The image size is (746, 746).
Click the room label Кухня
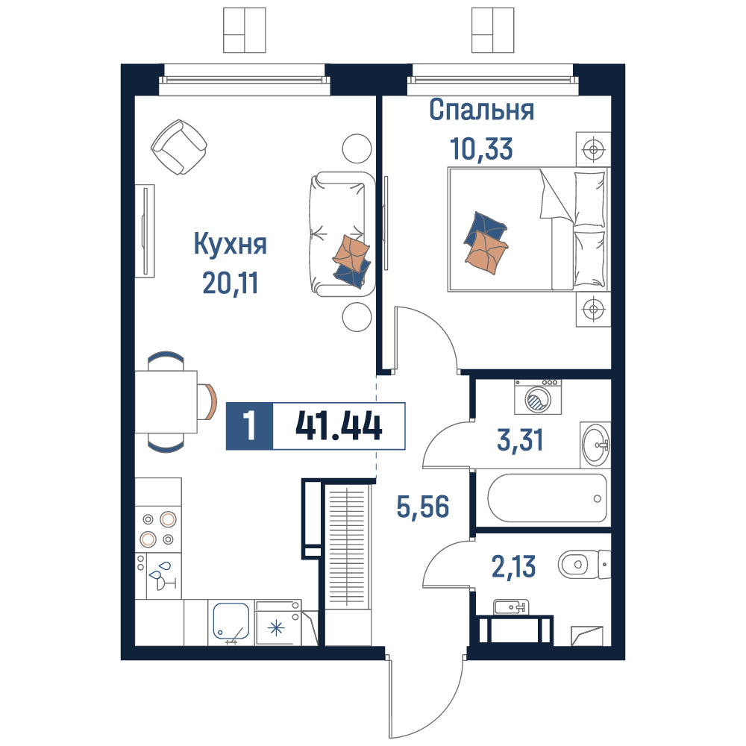click(231, 245)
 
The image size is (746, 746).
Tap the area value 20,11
click(231, 283)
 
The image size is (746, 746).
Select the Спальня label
click(481, 110)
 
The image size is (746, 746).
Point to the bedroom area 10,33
click(481, 148)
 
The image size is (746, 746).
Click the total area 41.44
click(339, 426)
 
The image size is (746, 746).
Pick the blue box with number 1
click(249, 426)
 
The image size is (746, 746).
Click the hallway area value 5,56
click(423, 507)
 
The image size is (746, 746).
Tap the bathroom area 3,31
click(520, 440)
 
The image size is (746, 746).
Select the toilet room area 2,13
click(513, 567)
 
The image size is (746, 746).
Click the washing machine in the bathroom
click(538, 397)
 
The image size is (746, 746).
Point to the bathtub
click(547, 498)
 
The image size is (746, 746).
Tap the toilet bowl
click(584, 565)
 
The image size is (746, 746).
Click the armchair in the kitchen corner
click(179, 146)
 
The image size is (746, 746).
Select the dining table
click(166, 401)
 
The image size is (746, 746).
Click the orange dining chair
click(208, 401)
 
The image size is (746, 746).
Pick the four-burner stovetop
click(158, 529)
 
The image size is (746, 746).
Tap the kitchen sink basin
click(231, 621)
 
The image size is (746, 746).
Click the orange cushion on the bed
click(486, 253)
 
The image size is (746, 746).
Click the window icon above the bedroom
click(493, 30)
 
